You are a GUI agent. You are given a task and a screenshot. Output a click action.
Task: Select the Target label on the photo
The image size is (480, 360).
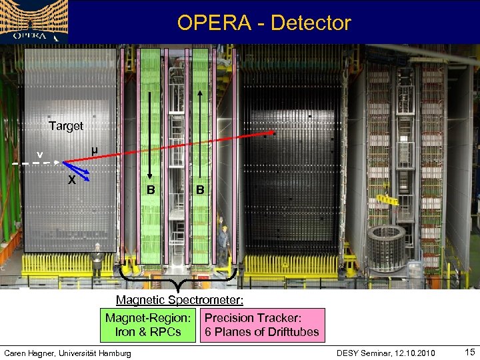pos(66,126)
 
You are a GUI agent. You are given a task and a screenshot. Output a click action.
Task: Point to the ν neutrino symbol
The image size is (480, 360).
pos(40,155)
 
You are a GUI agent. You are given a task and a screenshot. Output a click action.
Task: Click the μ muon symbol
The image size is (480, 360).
pos(95,151)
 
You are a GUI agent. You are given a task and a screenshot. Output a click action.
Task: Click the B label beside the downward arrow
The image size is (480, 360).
pos(151,190)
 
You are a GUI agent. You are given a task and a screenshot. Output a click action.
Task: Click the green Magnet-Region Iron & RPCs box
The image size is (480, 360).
pos(148,325)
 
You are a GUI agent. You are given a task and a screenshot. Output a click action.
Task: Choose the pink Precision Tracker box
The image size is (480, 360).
pos(262,325)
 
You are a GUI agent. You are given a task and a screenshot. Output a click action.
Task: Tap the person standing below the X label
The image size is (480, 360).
pos(96,261)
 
